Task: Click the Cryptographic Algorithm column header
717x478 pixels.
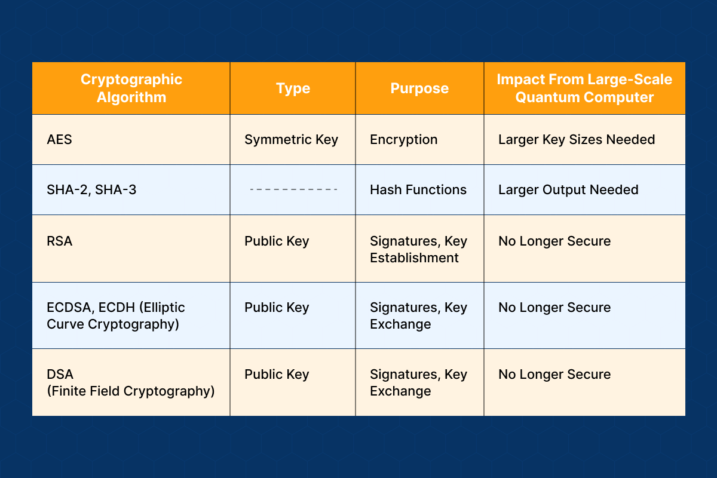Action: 131,88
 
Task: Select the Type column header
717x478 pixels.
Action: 293,88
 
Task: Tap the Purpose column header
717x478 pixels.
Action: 419,88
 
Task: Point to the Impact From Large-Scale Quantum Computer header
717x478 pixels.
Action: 584,88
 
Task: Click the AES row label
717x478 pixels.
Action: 59,140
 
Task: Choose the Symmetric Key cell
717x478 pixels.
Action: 292,140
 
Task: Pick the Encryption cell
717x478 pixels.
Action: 404,140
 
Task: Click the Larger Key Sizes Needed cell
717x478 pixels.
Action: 577,140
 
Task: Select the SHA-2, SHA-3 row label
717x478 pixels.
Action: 91,190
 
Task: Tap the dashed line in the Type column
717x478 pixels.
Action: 293,189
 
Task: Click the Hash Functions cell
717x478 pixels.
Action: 418,190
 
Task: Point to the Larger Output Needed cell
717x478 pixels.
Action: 568,190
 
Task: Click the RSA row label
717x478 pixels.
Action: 60,241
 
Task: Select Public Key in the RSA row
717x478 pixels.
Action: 277,241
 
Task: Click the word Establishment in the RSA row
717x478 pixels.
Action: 414,258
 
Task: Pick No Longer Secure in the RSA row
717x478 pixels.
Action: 554,241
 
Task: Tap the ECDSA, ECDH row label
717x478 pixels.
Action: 115,315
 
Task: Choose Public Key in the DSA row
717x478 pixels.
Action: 277,375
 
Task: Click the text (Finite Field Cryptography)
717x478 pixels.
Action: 131,391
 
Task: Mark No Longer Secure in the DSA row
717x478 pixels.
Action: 554,374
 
